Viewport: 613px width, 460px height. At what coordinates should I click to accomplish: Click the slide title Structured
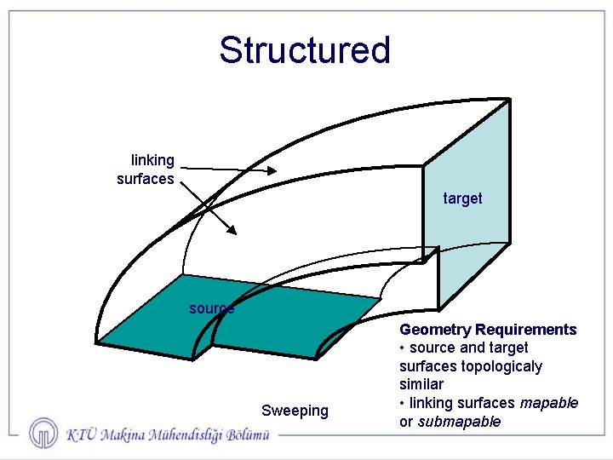pyautogui.click(x=304, y=50)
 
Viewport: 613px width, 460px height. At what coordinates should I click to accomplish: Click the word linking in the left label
pyautogui.click(x=152, y=160)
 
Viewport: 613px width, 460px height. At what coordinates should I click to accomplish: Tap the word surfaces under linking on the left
pyautogui.click(x=146, y=179)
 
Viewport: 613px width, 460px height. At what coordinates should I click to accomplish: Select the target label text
pyautogui.click(x=462, y=198)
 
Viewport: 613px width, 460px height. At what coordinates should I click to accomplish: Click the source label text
pyautogui.click(x=211, y=308)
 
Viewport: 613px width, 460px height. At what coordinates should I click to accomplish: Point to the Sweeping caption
pyautogui.click(x=295, y=411)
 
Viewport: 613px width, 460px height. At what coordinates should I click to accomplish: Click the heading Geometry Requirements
pyautogui.click(x=488, y=330)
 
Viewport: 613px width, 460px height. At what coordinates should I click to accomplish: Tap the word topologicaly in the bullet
pyautogui.click(x=501, y=366)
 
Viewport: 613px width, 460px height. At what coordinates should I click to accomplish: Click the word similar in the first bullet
pyautogui.click(x=421, y=385)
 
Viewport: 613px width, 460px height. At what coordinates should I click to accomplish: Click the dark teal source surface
pyautogui.click(x=281, y=315)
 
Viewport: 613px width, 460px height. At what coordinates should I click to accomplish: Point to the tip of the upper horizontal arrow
pyautogui.click(x=277, y=171)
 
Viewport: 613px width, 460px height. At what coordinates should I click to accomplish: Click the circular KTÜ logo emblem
pyautogui.click(x=43, y=434)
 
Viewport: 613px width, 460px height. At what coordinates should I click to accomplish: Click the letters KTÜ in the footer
pyautogui.click(x=81, y=434)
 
